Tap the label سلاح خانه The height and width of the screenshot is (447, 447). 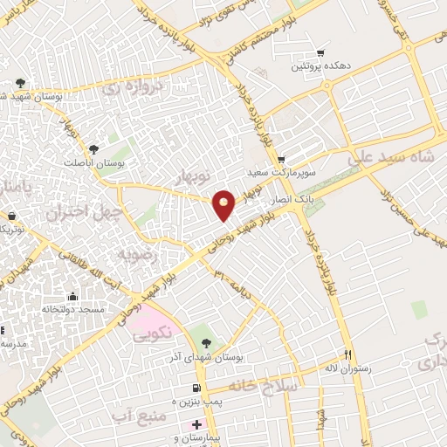click(x=265, y=384)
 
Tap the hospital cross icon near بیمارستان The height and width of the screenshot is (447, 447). click(x=196, y=423)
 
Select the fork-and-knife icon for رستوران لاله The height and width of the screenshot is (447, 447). click(x=348, y=354)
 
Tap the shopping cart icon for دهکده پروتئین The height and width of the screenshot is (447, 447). click(x=320, y=52)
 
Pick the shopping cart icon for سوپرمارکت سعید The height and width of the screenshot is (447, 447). click(x=280, y=159)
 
